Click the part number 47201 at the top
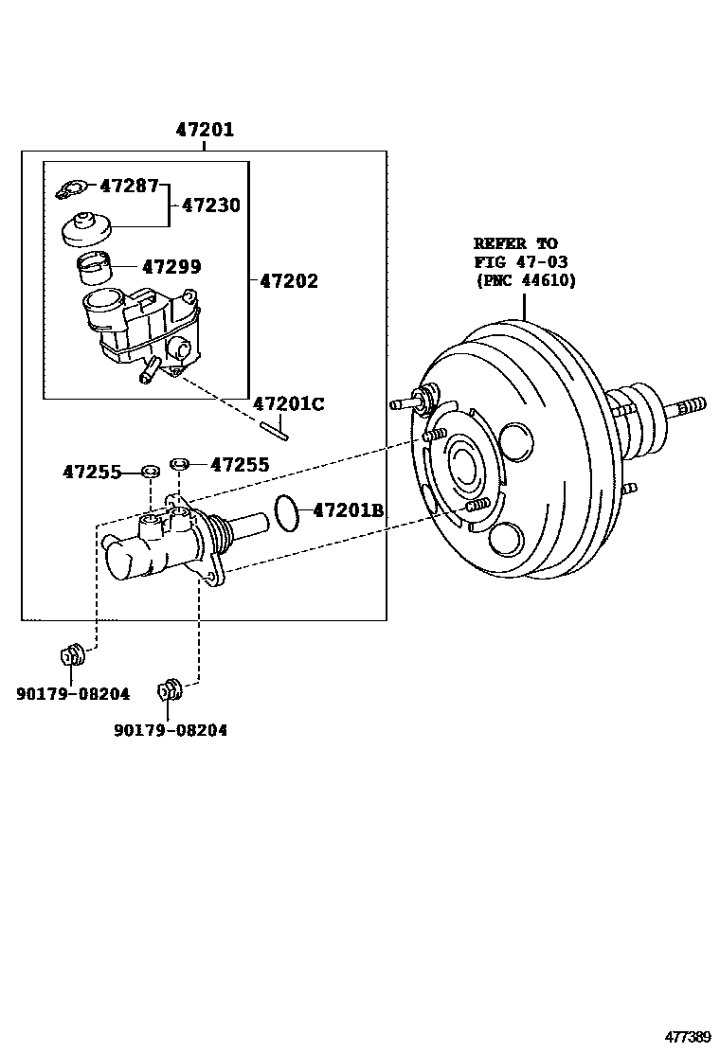tap(204, 130)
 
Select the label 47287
tap(129, 186)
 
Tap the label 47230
tap(210, 205)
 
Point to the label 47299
tap(171, 268)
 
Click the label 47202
tap(288, 281)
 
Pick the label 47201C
tap(288, 404)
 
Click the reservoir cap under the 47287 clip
tap(86, 228)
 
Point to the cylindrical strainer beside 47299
tap(94, 269)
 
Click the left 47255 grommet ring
tap(150, 471)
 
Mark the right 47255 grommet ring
tap(180, 464)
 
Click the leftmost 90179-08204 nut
tap(72, 655)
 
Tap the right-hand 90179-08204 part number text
tap(171, 730)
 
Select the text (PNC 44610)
tap(525, 280)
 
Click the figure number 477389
tap(687, 1035)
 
